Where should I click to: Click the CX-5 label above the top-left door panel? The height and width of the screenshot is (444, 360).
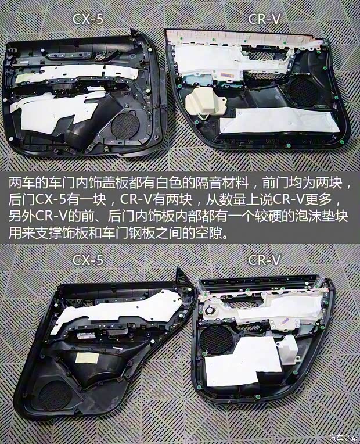point(88,19)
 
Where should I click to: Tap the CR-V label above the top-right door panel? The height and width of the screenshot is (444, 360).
point(264,19)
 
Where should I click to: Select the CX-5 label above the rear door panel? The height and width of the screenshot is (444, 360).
point(88,260)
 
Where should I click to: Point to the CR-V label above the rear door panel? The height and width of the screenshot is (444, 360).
point(265,260)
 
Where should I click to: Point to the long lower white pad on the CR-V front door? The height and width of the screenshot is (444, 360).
point(285,124)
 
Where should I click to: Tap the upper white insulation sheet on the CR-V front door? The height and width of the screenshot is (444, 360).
point(215,58)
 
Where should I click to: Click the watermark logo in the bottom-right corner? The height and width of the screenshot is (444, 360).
point(343,437)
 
